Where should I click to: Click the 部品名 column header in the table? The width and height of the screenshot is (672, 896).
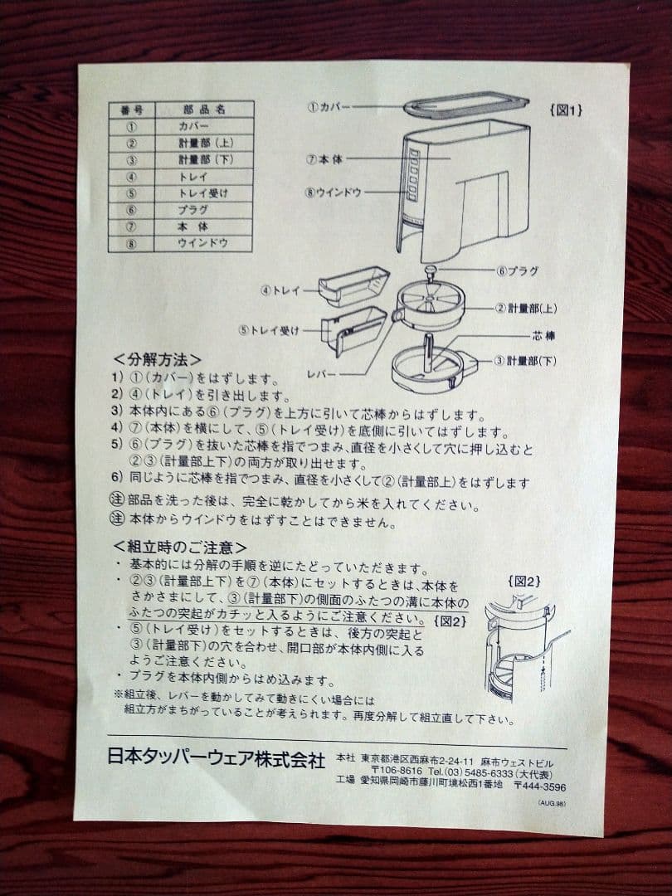click(x=199, y=110)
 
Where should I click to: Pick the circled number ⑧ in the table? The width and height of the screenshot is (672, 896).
click(x=130, y=244)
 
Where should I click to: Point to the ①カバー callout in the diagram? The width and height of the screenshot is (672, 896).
click(x=329, y=107)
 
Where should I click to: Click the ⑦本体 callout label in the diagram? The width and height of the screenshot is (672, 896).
click(x=324, y=158)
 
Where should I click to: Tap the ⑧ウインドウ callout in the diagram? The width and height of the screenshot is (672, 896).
click(x=334, y=192)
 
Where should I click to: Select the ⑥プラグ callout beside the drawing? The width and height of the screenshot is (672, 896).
click(x=517, y=270)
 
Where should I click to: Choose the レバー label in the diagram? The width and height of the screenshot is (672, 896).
click(x=320, y=374)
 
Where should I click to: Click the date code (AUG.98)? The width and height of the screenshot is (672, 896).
click(x=551, y=803)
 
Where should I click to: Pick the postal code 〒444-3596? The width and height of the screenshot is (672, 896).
click(x=540, y=786)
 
